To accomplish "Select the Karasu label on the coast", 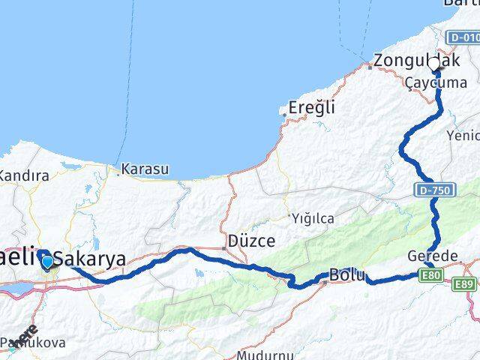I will coord(145,169).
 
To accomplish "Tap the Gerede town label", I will coord(432,256).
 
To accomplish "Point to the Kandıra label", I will coord(25,176).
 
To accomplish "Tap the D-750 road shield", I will coord(433,191).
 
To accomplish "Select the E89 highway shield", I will coord(466,283).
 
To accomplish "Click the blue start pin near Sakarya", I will coord(48,261).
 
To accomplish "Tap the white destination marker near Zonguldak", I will coord(436,64).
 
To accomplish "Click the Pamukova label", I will coord(35,343).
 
